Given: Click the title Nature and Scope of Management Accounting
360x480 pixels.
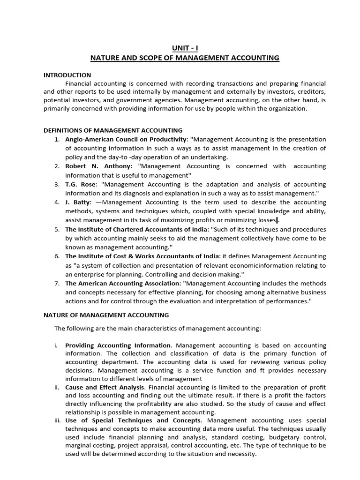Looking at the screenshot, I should pos(184,58).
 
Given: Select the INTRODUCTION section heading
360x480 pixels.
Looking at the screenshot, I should pos(67,75).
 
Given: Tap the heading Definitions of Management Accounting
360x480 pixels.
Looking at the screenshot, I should pos(113,130).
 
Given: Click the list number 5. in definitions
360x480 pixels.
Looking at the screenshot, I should pos(57,230).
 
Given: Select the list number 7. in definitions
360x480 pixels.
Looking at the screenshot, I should pos(57,284).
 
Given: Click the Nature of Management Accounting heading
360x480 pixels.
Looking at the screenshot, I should pos(106,315).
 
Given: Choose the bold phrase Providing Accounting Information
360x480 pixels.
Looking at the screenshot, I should pos(118,345).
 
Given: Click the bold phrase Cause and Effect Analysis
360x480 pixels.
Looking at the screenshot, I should pos(105,387).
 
